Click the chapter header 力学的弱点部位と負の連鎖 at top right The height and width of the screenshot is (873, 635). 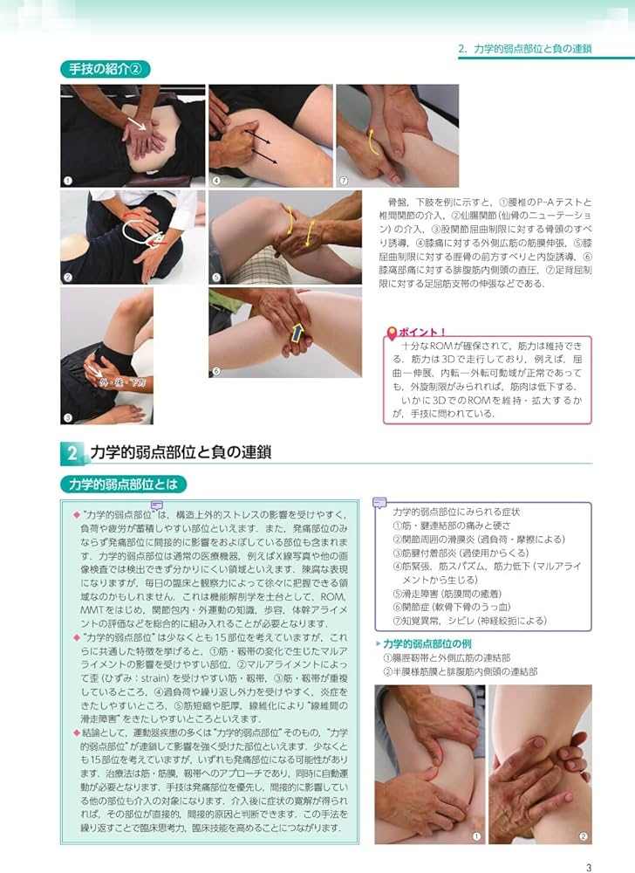click(x=524, y=50)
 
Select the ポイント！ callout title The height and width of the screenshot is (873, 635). click(x=423, y=333)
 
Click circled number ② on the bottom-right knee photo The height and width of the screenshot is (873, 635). click(x=583, y=835)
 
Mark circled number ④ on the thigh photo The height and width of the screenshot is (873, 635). click(x=215, y=181)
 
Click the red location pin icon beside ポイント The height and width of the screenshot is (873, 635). click(x=392, y=333)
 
